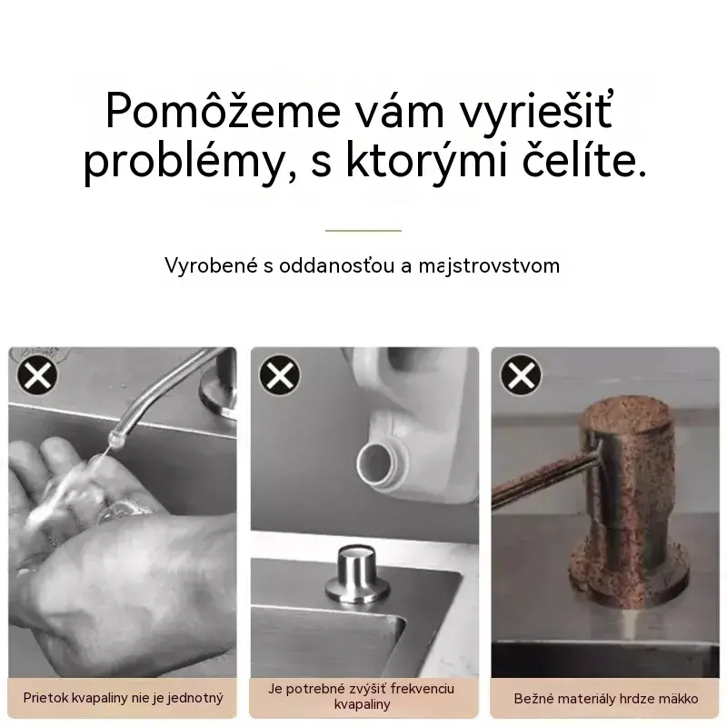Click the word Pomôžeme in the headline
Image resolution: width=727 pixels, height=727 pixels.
coord(223,110)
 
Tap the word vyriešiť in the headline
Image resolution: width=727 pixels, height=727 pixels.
coord(535,111)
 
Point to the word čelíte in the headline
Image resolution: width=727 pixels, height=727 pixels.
coord(584,160)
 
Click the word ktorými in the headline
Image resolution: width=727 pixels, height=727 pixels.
coord(426,161)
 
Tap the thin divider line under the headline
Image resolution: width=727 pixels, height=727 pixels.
coord(363,231)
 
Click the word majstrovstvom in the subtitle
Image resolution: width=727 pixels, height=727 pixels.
coord(489,266)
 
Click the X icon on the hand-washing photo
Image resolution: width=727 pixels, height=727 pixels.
coord(37,375)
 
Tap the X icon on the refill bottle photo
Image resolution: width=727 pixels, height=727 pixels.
coord(280,375)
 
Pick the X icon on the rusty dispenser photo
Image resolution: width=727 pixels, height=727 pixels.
coord(521,375)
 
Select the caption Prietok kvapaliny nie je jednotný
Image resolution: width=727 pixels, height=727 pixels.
coord(124,698)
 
